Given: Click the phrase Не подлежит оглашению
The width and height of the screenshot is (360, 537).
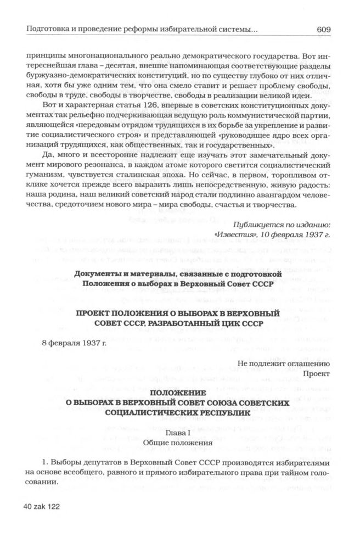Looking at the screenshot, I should tap(283, 363).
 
